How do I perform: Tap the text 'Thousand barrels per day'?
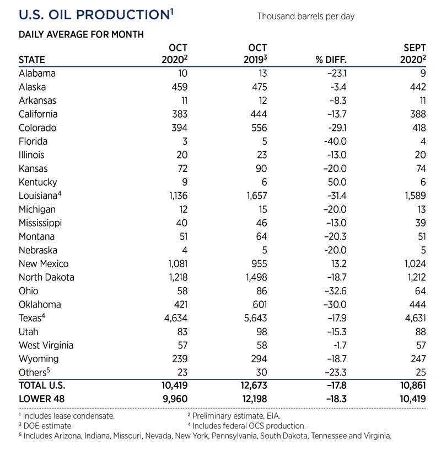pyautogui.click(x=305, y=17)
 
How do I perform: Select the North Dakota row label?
pyautogui.click(x=46, y=277)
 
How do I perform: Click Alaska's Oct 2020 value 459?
pyautogui.click(x=179, y=87)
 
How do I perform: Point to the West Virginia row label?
pyautogui.click(x=46, y=345)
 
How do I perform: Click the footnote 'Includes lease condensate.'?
pyautogui.click(x=69, y=414)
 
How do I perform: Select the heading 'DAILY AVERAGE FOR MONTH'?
pyautogui.click(x=81, y=35)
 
